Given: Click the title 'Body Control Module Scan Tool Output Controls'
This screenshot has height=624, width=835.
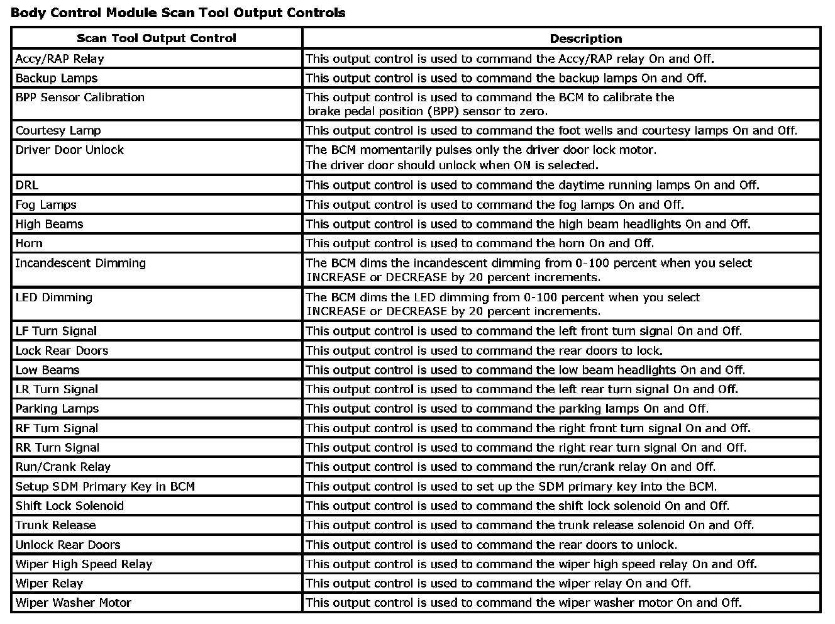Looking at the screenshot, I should click(178, 13).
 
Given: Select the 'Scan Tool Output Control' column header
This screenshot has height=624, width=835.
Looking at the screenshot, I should click(157, 38).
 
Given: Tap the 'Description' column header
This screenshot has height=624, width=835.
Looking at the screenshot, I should click(585, 38).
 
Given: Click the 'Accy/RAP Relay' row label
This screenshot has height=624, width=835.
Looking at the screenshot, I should click(60, 59).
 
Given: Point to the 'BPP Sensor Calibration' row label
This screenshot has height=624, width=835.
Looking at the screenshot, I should click(80, 97).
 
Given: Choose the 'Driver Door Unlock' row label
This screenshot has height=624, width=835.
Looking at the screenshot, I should click(70, 150).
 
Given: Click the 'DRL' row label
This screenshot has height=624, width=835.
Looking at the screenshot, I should click(27, 186).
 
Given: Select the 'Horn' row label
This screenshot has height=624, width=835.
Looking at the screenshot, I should click(29, 243).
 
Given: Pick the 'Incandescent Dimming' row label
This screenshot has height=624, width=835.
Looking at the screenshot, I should click(80, 264).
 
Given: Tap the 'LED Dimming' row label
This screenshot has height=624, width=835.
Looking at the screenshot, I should click(54, 298).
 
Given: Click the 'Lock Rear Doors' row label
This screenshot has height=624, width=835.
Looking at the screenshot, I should click(62, 351).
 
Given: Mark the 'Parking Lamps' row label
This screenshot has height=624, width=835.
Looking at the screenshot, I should click(57, 409).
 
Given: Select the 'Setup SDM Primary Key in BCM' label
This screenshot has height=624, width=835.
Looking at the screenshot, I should click(105, 487).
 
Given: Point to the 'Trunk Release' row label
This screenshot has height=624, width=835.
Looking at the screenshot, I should click(56, 525).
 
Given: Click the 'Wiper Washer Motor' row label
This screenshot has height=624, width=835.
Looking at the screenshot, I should click(74, 603).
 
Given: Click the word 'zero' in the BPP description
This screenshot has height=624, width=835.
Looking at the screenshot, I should click(532, 112).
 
